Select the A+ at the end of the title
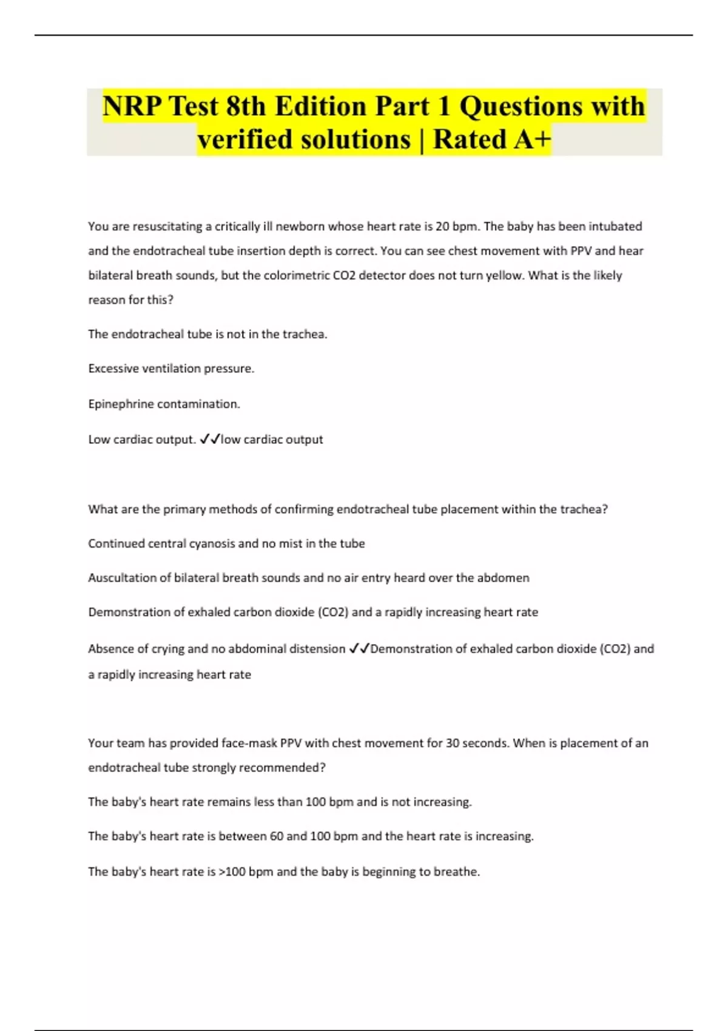pos(532,139)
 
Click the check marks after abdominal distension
pos(359,649)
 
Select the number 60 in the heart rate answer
pos(277,836)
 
